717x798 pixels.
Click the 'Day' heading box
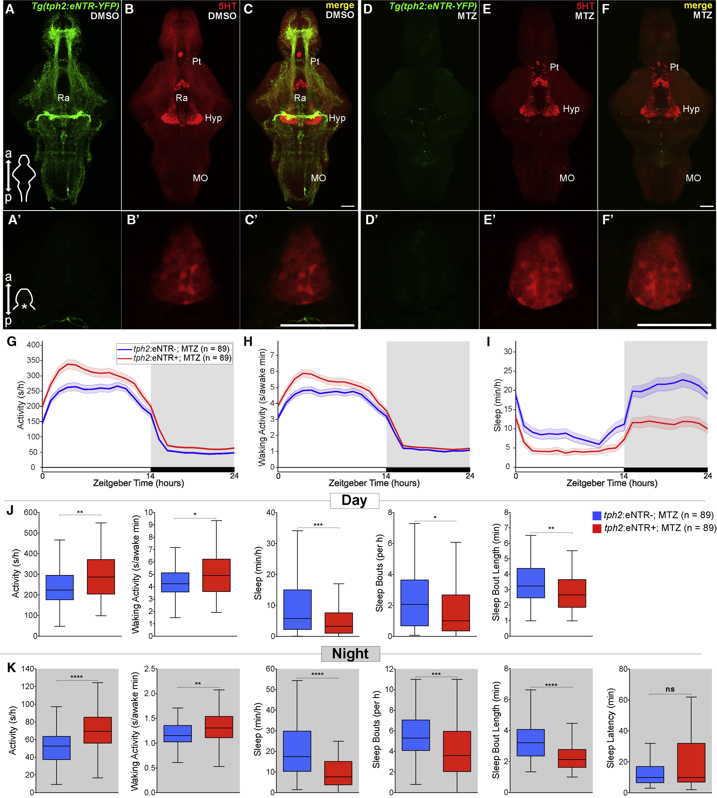[x=354, y=500]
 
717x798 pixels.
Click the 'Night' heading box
[x=350, y=653]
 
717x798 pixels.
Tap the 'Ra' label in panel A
[x=63, y=98]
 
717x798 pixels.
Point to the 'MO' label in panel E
[x=567, y=178]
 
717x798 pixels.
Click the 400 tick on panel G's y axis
[x=33, y=345]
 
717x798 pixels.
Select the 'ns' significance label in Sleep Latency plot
[x=670, y=689]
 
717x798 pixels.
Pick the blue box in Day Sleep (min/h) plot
[x=298, y=609]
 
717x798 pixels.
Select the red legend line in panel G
[x=124, y=358]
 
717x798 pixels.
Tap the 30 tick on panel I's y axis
[x=508, y=352]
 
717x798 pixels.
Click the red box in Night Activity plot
[x=98, y=730]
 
